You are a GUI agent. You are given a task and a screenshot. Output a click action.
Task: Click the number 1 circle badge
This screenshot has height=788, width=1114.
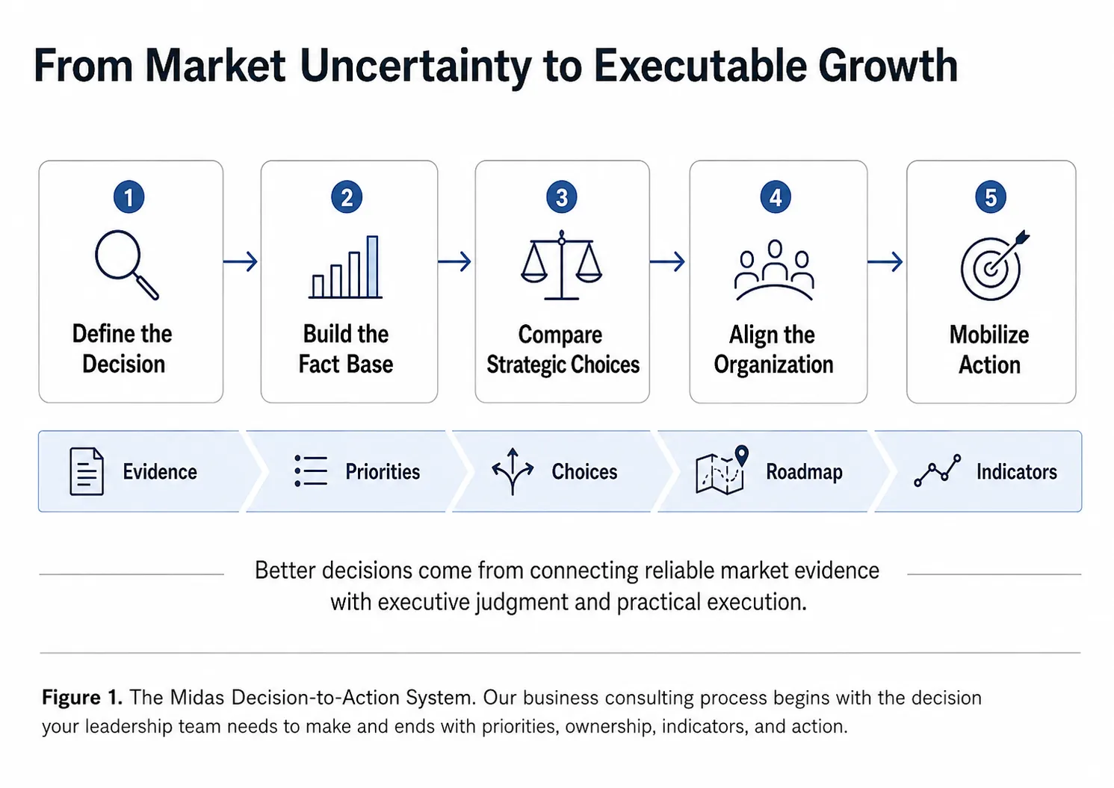(x=129, y=197)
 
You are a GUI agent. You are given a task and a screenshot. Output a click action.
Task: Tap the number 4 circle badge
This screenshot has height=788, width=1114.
(x=776, y=197)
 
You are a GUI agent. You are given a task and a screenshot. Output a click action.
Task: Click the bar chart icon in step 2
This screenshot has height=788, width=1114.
(x=346, y=267)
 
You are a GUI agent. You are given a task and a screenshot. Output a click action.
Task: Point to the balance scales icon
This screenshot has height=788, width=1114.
(x=561, y=264)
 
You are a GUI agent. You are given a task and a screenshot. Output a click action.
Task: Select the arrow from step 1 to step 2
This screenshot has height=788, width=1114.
(x=241, y=261)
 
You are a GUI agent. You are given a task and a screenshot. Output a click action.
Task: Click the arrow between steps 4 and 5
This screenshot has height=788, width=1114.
(x=885, y=261)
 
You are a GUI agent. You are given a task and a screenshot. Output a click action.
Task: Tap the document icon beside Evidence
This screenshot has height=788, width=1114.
(x=87, y=471)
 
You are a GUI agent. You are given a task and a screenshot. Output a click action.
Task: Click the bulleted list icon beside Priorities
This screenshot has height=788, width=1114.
(x=311, y=471)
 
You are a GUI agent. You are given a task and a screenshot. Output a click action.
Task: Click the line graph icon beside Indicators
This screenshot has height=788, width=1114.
(x=938, y=470)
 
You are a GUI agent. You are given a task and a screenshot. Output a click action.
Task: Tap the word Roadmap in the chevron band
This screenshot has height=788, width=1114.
(x=804, y=472)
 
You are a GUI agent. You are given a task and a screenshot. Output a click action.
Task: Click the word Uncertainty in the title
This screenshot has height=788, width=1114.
(x=415, y=66)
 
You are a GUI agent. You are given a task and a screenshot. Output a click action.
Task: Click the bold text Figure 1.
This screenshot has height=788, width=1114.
(x=82, y=698)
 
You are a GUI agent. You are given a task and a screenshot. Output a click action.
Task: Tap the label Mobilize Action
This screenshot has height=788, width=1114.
(x=989, y=350)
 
